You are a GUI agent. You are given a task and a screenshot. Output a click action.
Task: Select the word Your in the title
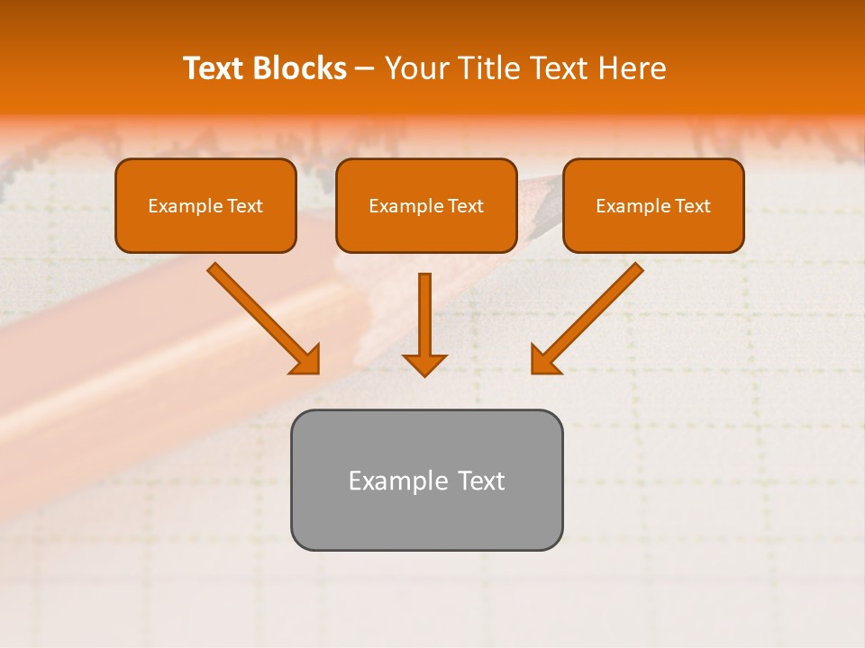(416, 68)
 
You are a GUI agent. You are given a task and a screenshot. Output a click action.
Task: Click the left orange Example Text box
(205, 205)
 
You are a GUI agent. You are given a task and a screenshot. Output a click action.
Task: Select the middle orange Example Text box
(426, 205)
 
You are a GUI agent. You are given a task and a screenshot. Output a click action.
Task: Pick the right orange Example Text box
(653, 205)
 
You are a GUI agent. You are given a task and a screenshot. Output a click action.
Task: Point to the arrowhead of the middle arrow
(424, 364)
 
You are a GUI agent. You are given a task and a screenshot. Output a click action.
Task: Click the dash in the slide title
(365, 68)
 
